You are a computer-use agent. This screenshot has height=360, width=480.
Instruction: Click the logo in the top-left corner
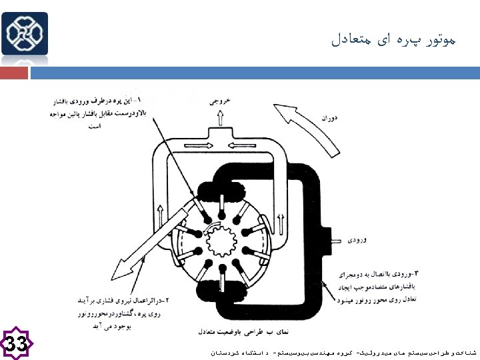click(x=25, y=33)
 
